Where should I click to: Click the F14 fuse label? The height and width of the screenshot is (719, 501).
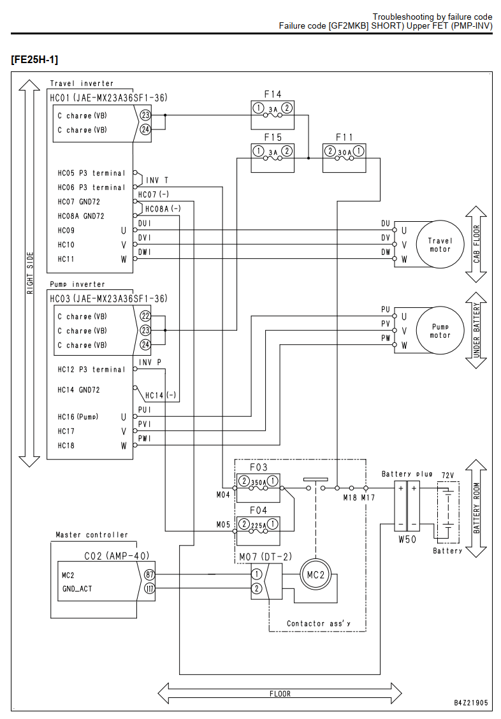pos(272,94)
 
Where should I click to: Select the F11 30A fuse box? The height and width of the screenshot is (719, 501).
pos(344,158)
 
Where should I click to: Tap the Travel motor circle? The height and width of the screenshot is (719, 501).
pos(440,244)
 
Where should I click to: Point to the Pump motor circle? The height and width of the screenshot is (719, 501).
pos(440,330)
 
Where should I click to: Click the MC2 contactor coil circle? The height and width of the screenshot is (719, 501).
pos(316,574)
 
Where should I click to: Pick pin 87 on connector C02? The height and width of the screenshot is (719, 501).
pos(149,574)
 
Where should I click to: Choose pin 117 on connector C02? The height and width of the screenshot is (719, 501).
pos(149,588)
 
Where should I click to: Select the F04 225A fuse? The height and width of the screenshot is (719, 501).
pos(258,525)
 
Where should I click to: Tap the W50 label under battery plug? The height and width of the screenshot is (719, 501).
pos(407,539)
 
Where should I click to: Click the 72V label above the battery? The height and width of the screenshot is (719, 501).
pos(448,475)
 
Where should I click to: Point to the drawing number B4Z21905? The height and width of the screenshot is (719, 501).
pos(471,702)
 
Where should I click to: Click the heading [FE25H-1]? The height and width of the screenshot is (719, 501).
pos(34,60)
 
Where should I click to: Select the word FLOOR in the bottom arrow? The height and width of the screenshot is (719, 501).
pos(280,694)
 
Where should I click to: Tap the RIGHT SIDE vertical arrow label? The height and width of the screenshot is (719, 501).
pos(30,273)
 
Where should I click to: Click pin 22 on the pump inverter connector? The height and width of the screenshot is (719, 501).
pos(145,316)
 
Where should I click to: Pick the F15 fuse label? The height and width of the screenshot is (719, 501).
pos(272,137)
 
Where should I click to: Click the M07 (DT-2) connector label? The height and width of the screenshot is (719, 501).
pos(265,556)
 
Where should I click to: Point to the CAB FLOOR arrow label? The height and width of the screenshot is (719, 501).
pos(477,244)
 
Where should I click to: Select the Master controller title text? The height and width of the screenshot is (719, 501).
pos(92,535)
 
